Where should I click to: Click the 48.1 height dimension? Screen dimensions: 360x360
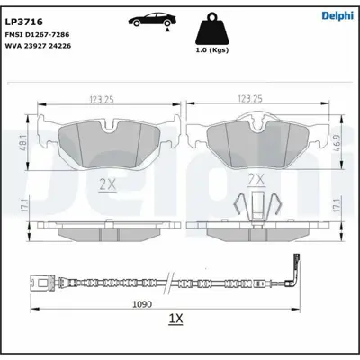pos(22,142)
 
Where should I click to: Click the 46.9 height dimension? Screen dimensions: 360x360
pos(337,140)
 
